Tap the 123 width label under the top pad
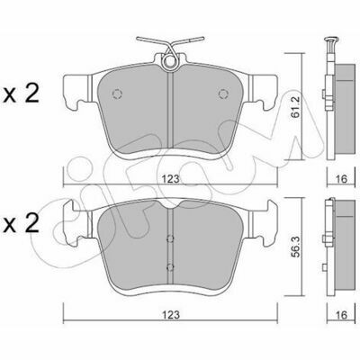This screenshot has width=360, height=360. click(x=171, y=179)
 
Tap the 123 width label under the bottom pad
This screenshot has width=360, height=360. click(x=171, y=315)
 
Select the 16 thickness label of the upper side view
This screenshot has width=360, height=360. click(x=341, y=179)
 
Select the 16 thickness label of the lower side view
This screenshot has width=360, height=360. click(x=341, y=315)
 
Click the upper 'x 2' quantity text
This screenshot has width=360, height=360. click(x=21, y=94)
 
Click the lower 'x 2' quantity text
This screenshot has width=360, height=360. click(x=21, y=223)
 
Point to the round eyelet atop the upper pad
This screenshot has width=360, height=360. click(x=169, y=62)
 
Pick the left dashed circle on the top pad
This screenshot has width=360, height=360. click(x=117, y=94)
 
